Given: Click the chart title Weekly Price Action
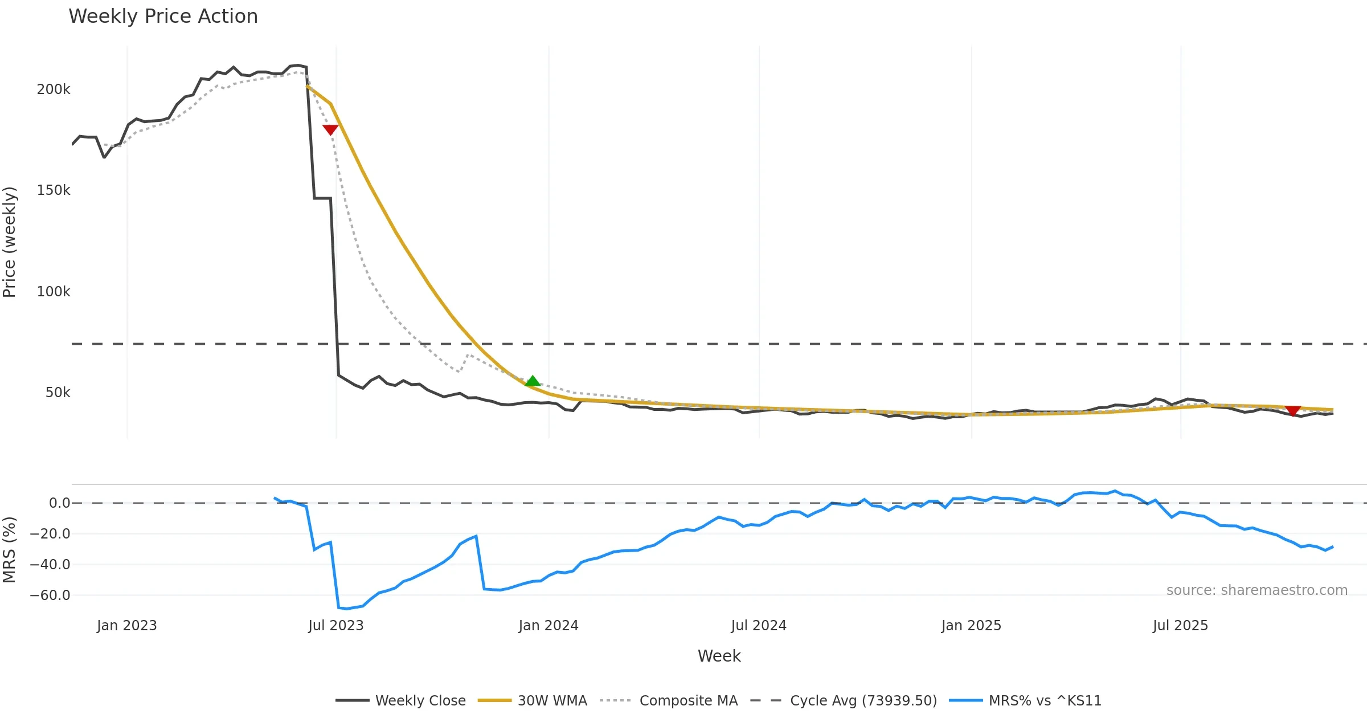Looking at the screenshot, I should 163,17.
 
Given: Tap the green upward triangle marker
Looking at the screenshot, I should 533,381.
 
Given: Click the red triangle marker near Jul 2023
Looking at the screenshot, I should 330,129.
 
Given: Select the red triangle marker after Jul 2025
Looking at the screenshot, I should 1293,411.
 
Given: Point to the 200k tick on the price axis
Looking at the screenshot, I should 54,89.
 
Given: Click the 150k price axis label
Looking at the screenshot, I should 54,190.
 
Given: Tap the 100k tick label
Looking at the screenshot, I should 54,292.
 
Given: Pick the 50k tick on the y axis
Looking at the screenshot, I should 58,393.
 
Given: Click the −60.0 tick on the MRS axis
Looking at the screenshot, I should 50,595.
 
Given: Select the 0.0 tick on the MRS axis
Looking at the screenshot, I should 59,503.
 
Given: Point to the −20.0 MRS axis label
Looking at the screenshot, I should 50,534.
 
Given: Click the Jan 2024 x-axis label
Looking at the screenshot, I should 549,626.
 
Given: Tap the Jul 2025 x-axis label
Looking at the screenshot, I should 1180,626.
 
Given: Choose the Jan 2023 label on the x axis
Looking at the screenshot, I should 127,626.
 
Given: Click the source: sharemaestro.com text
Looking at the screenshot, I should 1257,590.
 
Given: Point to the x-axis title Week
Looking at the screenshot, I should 719,656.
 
